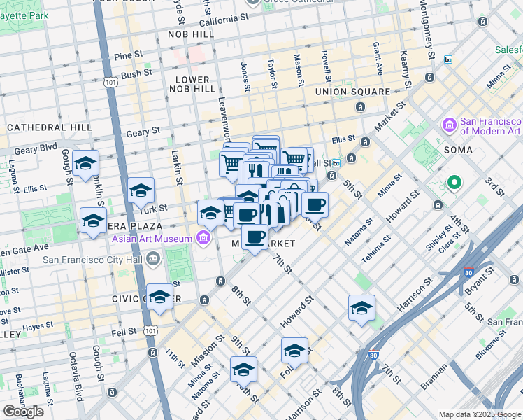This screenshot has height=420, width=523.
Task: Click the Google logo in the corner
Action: tap(23, 412)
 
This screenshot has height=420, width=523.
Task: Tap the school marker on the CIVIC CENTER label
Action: tap(160, 297)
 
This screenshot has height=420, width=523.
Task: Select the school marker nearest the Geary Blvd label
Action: tap(85, 163)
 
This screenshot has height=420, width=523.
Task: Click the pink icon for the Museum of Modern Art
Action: tap(450, 125)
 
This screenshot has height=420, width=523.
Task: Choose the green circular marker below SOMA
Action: tap(454, 183)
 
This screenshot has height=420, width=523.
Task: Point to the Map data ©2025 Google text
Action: tap(479, 414)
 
